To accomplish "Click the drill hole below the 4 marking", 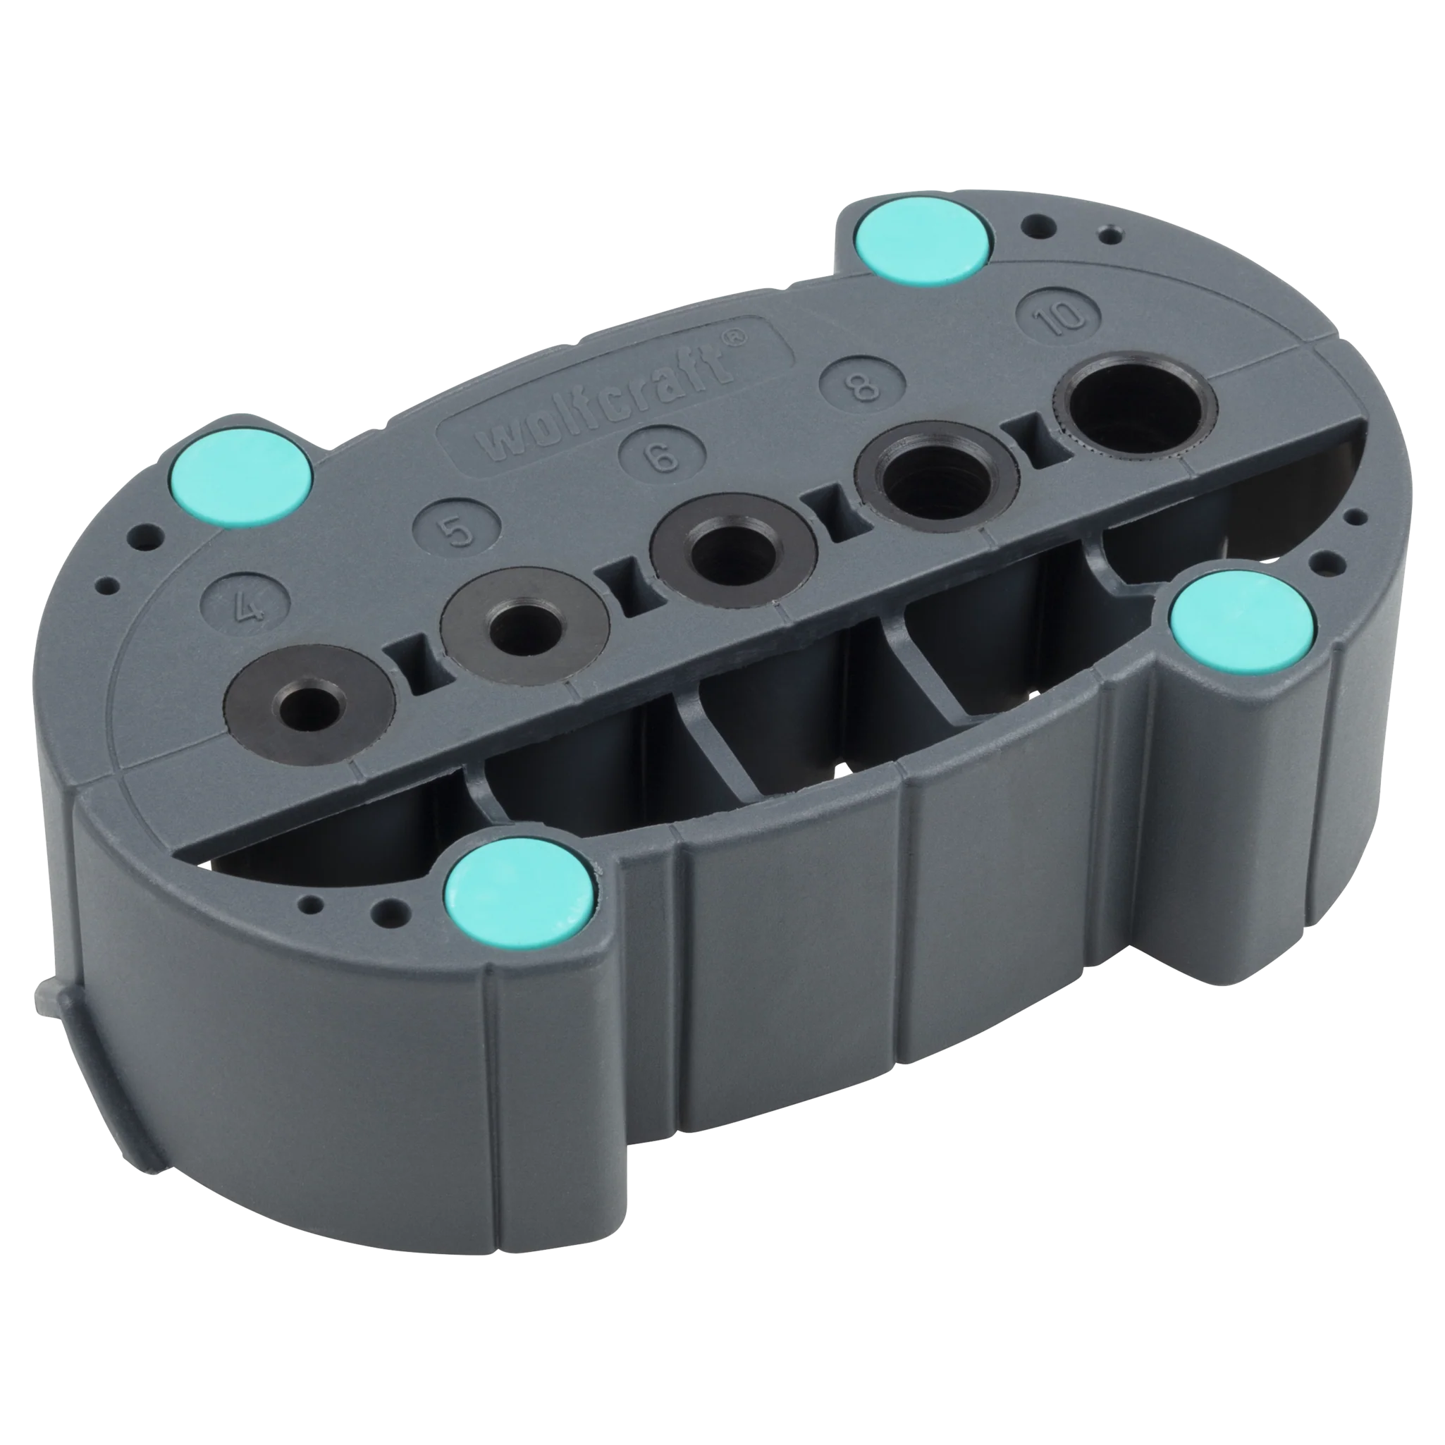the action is click(x=308, y=703).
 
